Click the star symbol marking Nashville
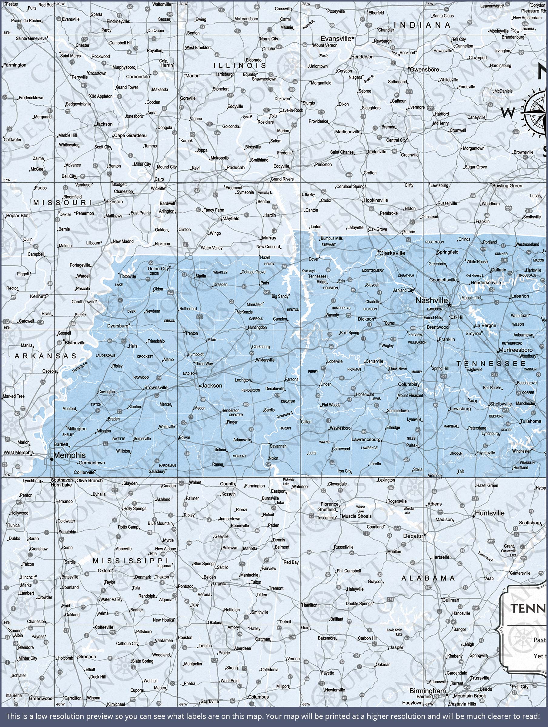[x=449, y=305]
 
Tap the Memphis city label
[x=69, y=455]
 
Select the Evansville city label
[x=336, y=38]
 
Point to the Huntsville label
[x=490, y=513]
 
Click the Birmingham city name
[x=427, y=691]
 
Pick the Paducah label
[x=236, y=167]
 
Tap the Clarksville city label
[x=392, y=253]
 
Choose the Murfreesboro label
[x=516, y=350]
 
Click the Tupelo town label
[x=219, y=583]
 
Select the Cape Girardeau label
[x=130, y=135]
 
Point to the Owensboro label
[x=424, y=70]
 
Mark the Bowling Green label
[x=507, y=186]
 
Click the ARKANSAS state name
[x=45, y=356]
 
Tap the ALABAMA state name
[x=428, y=578]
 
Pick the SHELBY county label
[x=68, y=434]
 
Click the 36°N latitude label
[x=7, y=327]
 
